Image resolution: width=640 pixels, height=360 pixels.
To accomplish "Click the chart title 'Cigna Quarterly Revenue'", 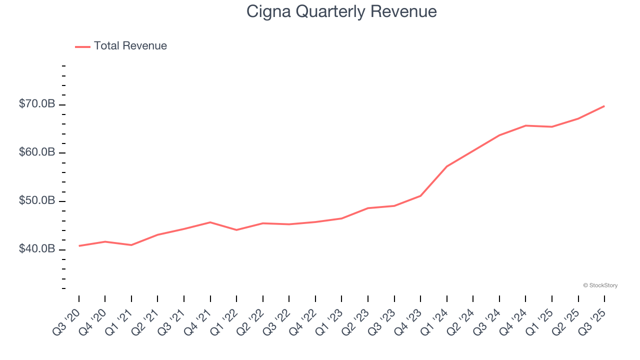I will (341, 11).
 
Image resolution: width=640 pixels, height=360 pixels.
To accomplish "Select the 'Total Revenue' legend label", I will (130, 46).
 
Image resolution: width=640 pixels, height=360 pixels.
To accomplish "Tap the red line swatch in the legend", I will (82, 46).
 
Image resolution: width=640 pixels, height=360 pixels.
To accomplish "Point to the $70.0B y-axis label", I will (36, 104).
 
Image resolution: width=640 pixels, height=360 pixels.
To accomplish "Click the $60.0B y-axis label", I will (36, 152).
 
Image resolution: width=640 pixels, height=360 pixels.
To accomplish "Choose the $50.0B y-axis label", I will (36, 200).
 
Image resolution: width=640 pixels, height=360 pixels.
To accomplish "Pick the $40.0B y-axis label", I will (36, 249).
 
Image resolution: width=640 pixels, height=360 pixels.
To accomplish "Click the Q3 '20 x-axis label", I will (66, 321).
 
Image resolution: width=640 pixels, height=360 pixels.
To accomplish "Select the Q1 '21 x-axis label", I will (119, 321).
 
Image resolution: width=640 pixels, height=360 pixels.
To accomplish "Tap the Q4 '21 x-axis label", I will (198, 321).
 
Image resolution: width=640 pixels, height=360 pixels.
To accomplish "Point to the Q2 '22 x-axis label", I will (250, 321).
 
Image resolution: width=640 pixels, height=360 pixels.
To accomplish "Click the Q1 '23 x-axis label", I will (329, 321).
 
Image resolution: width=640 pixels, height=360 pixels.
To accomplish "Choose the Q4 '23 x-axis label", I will (408, 321).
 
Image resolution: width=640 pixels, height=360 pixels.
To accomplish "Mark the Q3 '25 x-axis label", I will (592, 321).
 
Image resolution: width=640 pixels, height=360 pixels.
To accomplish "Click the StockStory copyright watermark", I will (600, 285).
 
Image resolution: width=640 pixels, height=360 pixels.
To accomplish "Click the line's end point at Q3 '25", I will (604, 106).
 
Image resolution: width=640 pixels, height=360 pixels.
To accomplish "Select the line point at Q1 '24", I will (446, 166).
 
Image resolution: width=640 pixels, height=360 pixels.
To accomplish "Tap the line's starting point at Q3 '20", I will (79, 246).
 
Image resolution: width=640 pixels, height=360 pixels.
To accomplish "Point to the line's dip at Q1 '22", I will (236, 230).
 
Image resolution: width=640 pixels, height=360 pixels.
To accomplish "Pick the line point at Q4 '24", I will (525, 125).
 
